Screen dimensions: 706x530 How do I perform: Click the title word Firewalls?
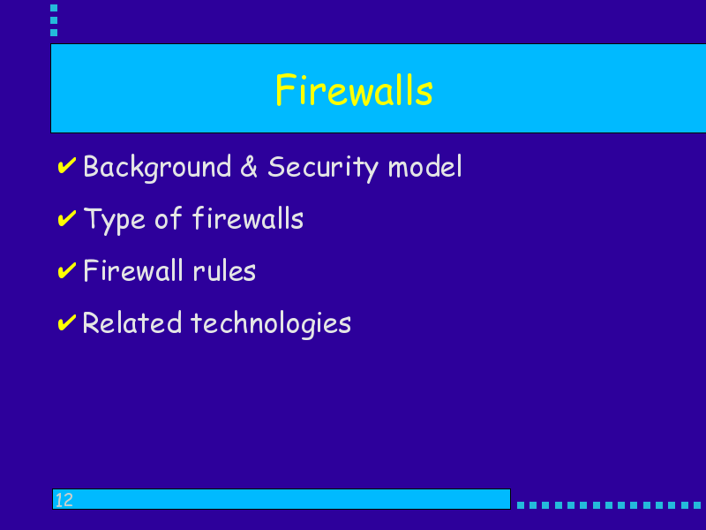354,90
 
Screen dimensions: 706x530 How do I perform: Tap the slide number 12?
64,500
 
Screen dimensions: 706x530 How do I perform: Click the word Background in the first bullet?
157,168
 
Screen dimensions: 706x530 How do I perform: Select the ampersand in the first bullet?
249,166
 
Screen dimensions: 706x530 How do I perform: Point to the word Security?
323,168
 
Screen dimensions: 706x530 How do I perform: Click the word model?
425,166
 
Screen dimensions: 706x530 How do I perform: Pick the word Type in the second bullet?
115,220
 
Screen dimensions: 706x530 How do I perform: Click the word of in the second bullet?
169,218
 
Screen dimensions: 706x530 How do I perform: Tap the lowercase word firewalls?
248,218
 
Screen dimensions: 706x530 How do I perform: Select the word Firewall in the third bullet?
133,270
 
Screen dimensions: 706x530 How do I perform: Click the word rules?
224,271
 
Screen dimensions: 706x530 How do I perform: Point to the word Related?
131,322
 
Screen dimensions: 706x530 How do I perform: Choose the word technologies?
271,324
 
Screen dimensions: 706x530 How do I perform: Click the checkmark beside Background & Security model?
67,165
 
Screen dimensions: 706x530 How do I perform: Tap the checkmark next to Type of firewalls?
67,218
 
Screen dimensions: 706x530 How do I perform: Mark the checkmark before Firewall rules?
67,270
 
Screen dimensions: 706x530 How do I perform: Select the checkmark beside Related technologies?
67,322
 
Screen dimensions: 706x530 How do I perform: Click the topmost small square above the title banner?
54,8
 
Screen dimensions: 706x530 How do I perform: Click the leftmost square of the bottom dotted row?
521,505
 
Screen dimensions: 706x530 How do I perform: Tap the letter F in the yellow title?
284,90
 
